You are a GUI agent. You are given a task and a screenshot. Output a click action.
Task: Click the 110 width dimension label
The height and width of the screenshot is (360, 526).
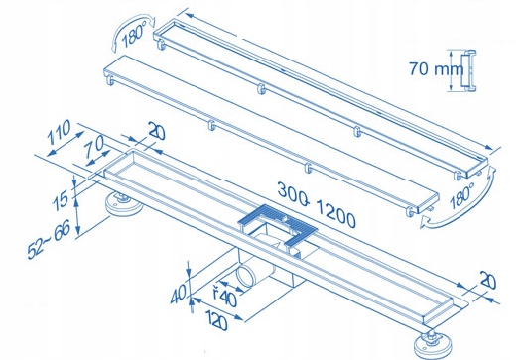coord(59,132)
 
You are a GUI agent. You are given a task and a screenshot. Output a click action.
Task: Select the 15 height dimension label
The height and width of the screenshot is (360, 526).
coord(61,199)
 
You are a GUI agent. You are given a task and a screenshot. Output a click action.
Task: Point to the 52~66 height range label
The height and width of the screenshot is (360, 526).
coord(50,239)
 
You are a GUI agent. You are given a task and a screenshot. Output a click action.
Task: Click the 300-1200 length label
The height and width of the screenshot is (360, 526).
coord(317,205)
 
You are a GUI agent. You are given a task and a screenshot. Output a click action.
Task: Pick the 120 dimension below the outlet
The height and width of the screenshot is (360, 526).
coord(216,319)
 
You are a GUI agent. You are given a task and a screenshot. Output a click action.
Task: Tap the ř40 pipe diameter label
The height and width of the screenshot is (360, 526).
coord(225,296)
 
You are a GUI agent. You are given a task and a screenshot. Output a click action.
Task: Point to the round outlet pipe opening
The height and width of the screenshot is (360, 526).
coord(246,275)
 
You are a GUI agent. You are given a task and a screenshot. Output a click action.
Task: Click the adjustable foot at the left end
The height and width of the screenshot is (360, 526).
coord(123,204)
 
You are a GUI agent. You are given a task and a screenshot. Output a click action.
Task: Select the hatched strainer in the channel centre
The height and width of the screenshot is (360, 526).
coord(278,224)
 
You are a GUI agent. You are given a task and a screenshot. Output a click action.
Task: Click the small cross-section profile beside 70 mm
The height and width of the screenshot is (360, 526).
coord(468,70)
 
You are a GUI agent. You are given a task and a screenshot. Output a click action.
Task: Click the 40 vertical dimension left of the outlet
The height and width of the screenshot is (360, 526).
coord(178,293)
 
